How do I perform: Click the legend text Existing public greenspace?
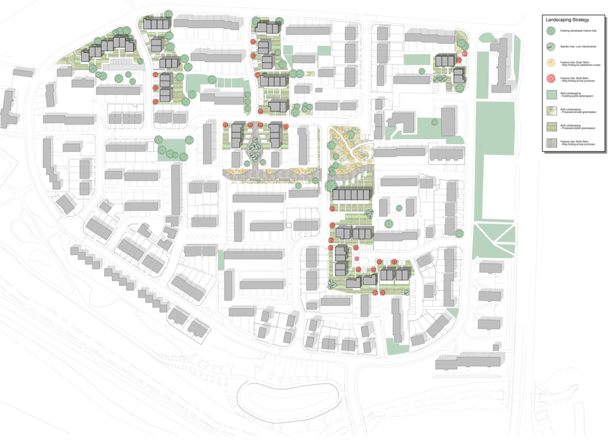579,95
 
